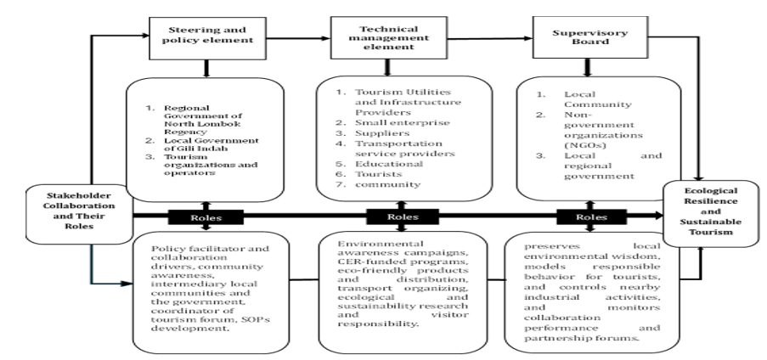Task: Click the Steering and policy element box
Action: [207, 39]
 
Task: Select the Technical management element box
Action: [389, 37]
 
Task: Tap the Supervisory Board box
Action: [590, 37]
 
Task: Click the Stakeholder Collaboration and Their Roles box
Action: [79, 214]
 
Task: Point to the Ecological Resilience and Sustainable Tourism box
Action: [711, 213]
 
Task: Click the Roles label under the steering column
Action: [206, 217]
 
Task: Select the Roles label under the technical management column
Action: [403, 217]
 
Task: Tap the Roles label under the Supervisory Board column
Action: [591, 217]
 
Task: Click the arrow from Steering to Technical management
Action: [298, 38]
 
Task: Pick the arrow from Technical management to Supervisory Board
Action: [489, 38]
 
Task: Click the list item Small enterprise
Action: [402, 123]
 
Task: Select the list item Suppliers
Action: [382, 133]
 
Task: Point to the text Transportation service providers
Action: [405, 149]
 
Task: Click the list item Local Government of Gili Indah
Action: [211, 144]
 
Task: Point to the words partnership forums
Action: [582, 338]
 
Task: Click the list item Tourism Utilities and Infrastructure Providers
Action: [408, 102]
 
